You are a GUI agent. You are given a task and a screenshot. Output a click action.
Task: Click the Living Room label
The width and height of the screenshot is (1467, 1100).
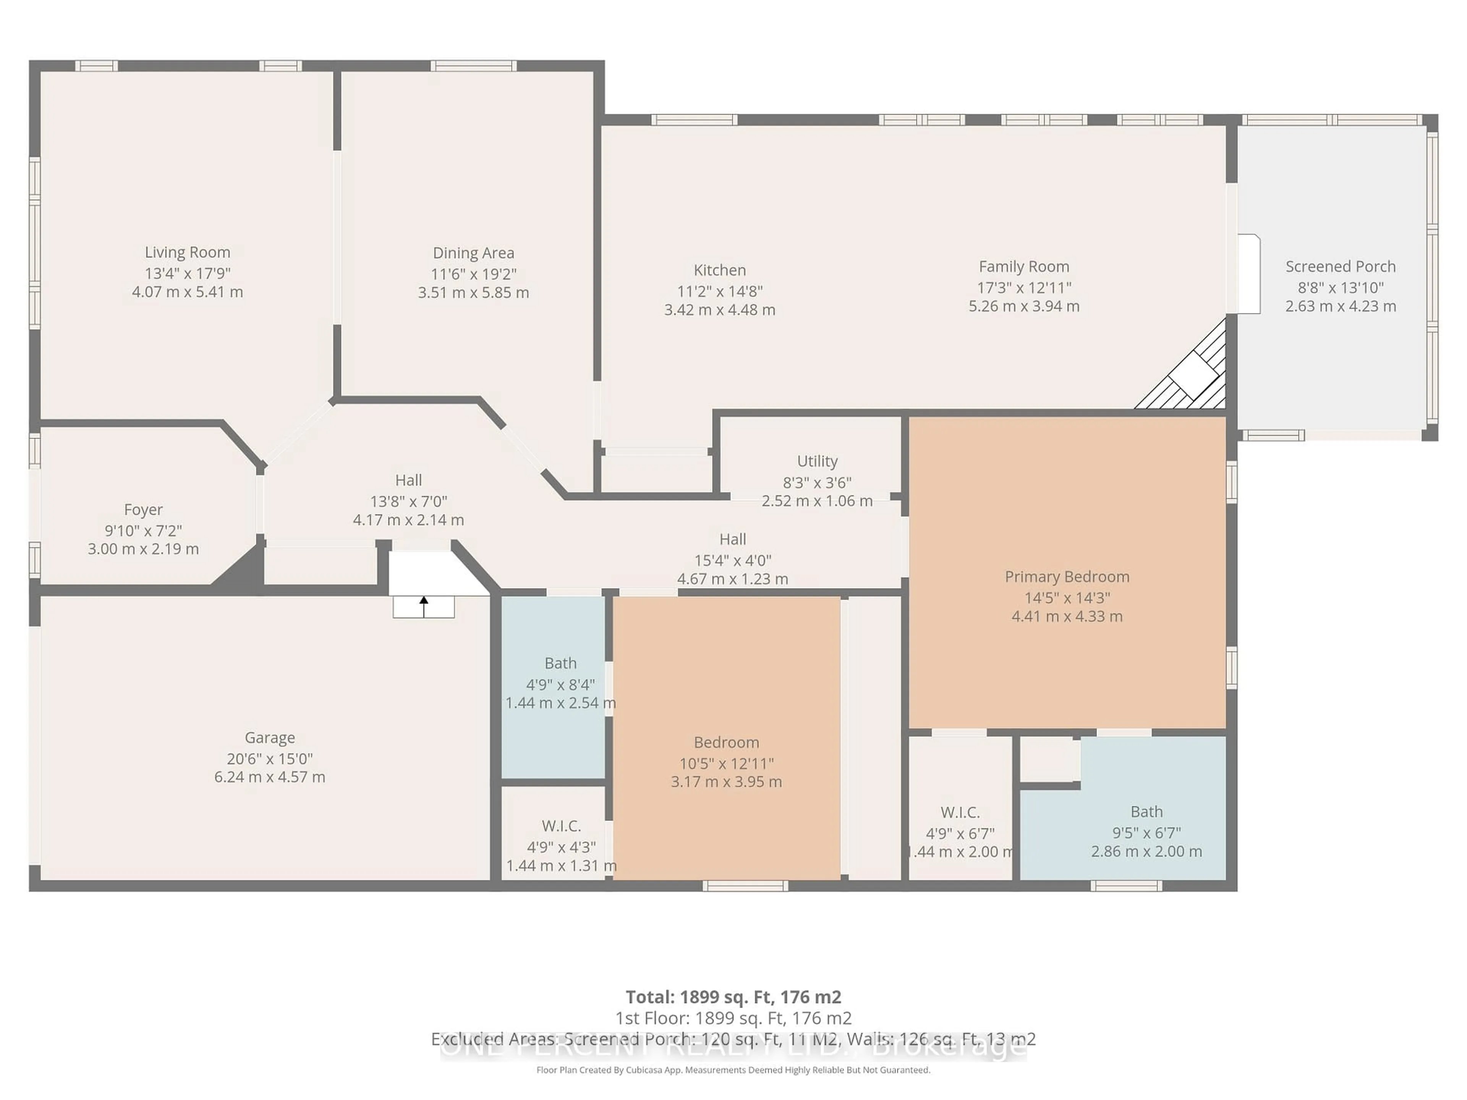(188, 252)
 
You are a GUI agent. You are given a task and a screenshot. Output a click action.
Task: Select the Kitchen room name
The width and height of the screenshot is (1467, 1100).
(720, 270)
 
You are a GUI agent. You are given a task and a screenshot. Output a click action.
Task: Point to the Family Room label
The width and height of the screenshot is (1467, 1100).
(1023, 267)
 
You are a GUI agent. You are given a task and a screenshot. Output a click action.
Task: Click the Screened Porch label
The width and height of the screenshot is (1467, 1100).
(1340, 267)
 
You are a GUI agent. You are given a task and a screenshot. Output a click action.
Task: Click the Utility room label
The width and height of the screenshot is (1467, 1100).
(817, 461)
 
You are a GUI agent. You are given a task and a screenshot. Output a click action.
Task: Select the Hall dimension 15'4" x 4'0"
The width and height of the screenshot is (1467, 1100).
(732, 560)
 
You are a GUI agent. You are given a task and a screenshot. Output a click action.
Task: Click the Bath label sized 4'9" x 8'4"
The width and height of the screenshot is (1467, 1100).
(560, 663)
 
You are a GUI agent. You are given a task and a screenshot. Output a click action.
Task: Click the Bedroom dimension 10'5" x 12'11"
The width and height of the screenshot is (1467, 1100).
(726, 763)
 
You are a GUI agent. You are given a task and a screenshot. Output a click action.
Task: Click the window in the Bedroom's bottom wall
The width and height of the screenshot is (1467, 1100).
(745, 886)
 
